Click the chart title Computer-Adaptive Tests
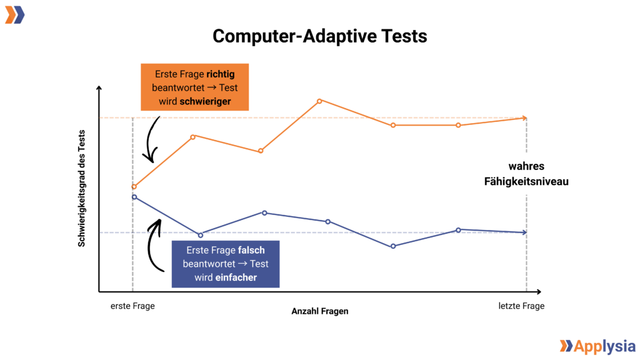[x=319, y=36]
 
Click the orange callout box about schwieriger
[x=194, y=87]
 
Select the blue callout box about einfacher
[x=226, y=264]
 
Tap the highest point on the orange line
[x=319, y=101]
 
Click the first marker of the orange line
[x=134, y=187]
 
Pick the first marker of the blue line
[x=134, y=197]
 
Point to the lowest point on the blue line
[x=393, y=246]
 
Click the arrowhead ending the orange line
[x=524, y=117]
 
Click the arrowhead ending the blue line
[x=524, y=232]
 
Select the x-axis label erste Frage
[x=132, y=306]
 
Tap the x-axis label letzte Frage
[x=521, y=306]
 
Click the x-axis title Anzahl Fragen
[x=320, y=311]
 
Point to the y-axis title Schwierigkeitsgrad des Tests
[x=82, y=188]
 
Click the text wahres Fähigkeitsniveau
[x=526, y=174]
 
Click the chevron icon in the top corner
[x=15, y=15]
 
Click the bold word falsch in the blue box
[x=252, y=250]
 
